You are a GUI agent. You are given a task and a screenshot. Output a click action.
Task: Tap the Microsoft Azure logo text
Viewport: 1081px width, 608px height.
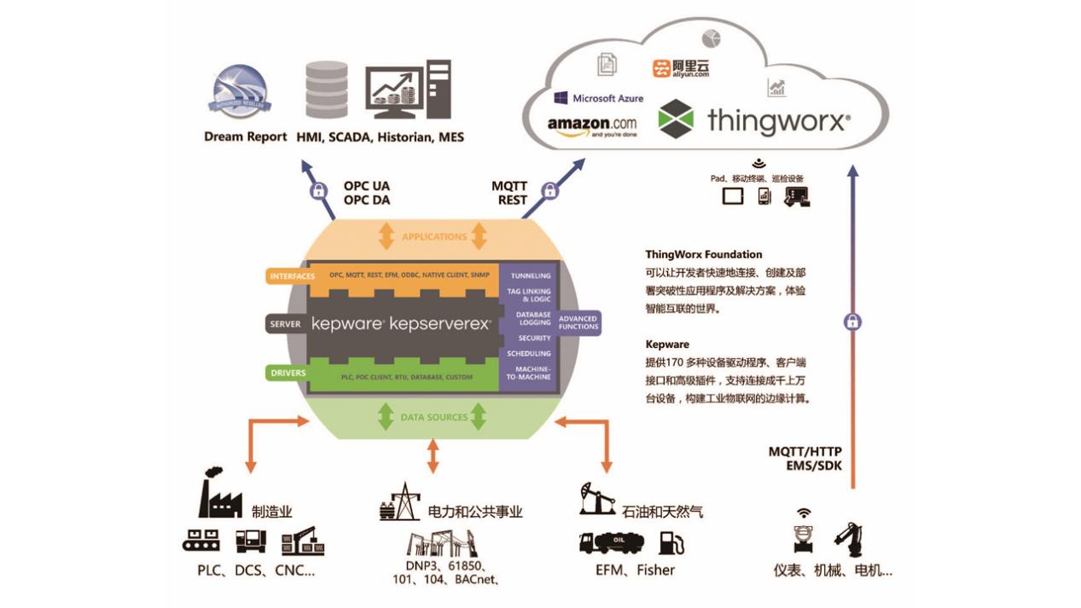[598, 98]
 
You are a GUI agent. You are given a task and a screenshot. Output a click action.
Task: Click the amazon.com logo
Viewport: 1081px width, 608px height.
[591, 125]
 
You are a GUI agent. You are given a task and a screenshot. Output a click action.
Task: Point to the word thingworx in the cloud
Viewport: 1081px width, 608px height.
[777, 120]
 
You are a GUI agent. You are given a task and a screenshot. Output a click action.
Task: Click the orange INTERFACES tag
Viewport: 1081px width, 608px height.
[292, 276]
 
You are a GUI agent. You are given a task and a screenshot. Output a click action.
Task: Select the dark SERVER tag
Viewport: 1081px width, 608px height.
[284, 325]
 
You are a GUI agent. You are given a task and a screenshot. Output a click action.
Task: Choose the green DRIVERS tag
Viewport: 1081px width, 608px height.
[288, 373]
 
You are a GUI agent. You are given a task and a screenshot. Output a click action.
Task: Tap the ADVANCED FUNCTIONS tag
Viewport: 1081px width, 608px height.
[578, 322]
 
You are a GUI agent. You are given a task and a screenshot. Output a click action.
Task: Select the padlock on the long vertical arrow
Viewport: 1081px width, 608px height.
[851, 321]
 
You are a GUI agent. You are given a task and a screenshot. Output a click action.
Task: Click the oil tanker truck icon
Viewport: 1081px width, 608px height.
[613, 541]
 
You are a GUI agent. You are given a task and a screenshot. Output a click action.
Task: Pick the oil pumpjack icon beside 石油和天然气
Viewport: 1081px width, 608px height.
[596, 498]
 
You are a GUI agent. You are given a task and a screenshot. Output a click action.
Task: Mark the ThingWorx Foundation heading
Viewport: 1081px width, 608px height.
[703, 254]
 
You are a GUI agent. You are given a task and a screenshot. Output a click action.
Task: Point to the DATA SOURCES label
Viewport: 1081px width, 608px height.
[433, 417]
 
